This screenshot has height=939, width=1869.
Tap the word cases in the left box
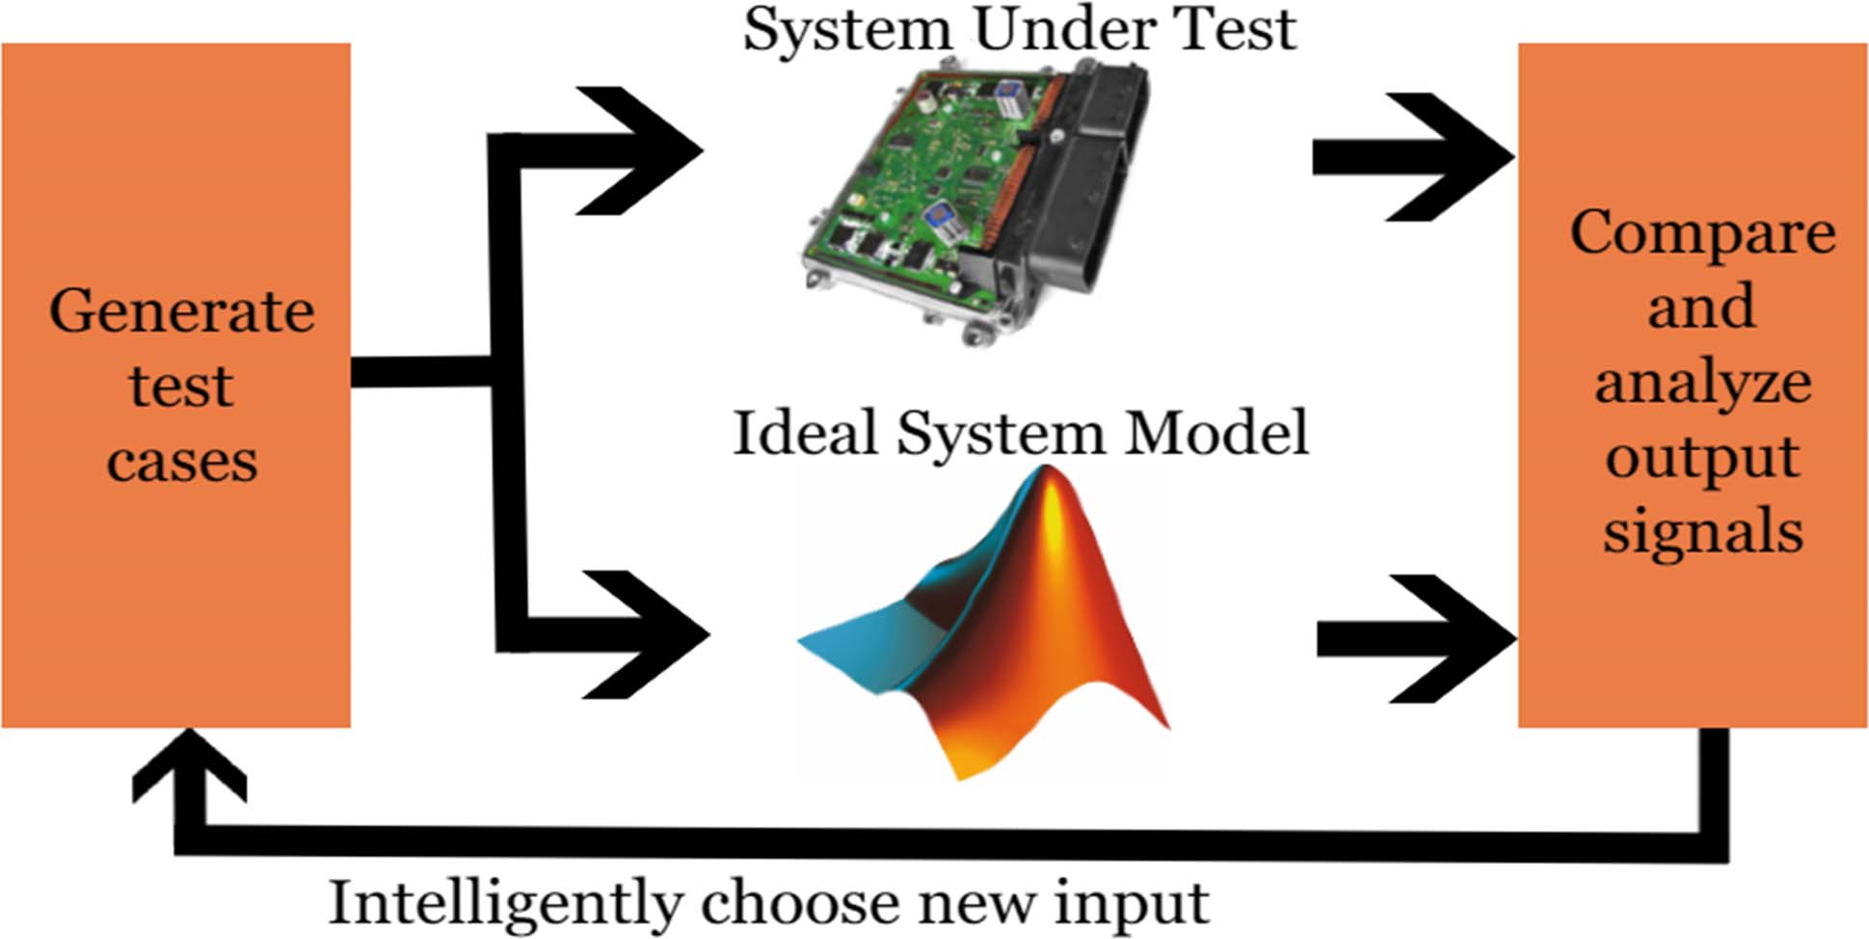pyautogui.click(x=181, y=461)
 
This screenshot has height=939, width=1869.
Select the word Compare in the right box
pyautogui.click(x=1702, y=234)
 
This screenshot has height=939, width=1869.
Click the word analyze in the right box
pyautogui.click(x=1702, y=384)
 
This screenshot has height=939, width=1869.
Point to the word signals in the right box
pyautogui.click(x=1702, y=532)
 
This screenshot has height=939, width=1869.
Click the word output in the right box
pyautogui.click(x=1702, y=458)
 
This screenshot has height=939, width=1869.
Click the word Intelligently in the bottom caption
pyautogui.click(x=505, y=904)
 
